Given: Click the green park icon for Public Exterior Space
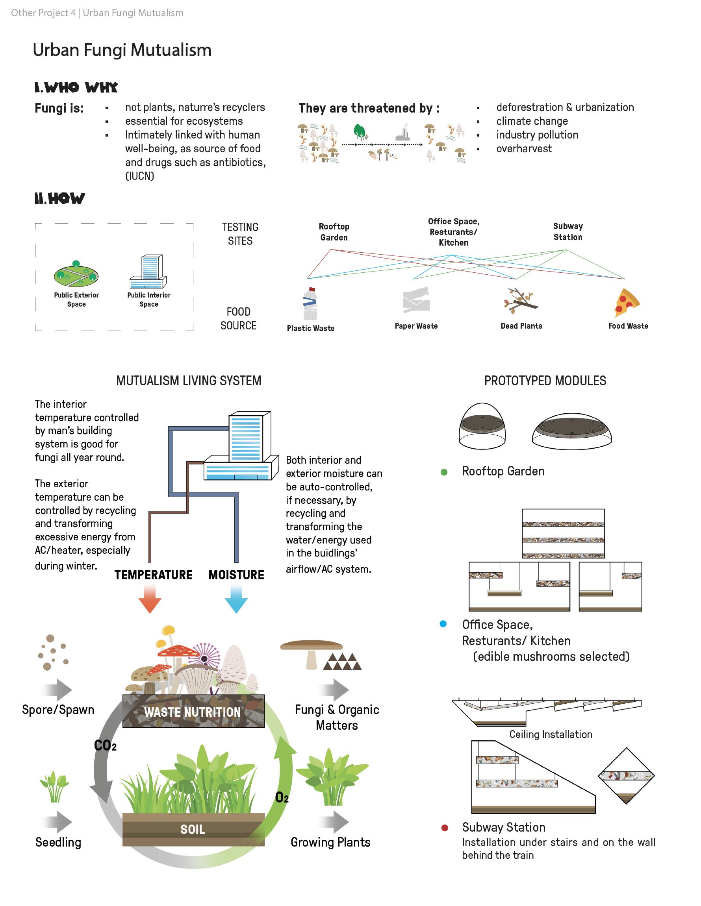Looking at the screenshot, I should point(76,275).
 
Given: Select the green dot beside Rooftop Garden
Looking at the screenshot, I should point(444,472).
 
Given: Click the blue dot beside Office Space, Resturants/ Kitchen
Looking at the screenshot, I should point(443,624).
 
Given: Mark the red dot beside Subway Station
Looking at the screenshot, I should point(445,828).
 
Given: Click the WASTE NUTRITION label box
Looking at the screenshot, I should point(193,712).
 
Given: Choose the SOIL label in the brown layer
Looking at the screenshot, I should point(193,829).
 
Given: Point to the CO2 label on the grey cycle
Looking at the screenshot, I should point(105,745).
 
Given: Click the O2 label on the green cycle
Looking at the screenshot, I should point(282,797).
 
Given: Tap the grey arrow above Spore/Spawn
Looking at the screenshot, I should point(57,690).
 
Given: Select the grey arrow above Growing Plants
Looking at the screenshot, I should point(334,822).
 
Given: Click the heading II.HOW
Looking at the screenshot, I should point(60,199).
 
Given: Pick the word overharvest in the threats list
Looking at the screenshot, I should point(524,148).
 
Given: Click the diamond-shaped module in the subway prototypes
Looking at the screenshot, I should point(626,776).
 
